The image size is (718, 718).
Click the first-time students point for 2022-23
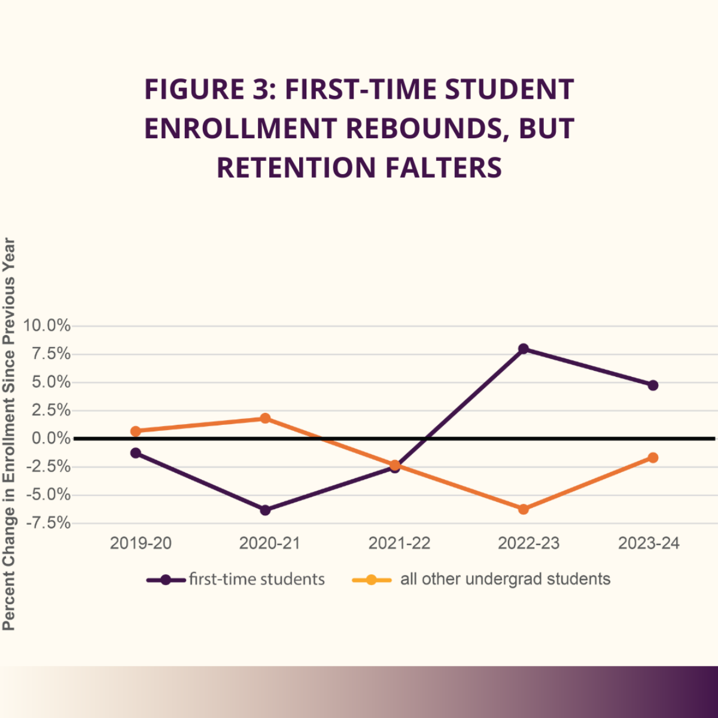coord(524,349)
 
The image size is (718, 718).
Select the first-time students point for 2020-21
coord(265,510)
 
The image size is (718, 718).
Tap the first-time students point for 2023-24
coord(653,385)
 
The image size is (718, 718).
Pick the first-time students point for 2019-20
coord(136,453)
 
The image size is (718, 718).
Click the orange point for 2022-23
coord(524,509)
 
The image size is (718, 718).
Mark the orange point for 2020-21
coord(265,418)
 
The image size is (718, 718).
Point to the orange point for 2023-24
coord(653,458)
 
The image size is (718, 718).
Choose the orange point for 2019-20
coord(136,431)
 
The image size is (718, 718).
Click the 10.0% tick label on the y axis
coord(47,326)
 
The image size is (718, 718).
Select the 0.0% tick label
coord(51,439)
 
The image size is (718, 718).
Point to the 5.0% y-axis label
coord(51,382)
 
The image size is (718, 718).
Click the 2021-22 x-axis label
coord(399,543)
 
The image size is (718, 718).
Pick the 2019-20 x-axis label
coord(141,543)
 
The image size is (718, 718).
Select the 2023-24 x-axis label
coord(649,543)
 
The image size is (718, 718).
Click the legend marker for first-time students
coord(166,580)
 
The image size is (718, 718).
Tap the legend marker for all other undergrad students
coord(372,580)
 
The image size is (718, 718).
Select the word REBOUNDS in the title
coord(424,129)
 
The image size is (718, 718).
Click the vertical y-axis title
coord(9,434)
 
